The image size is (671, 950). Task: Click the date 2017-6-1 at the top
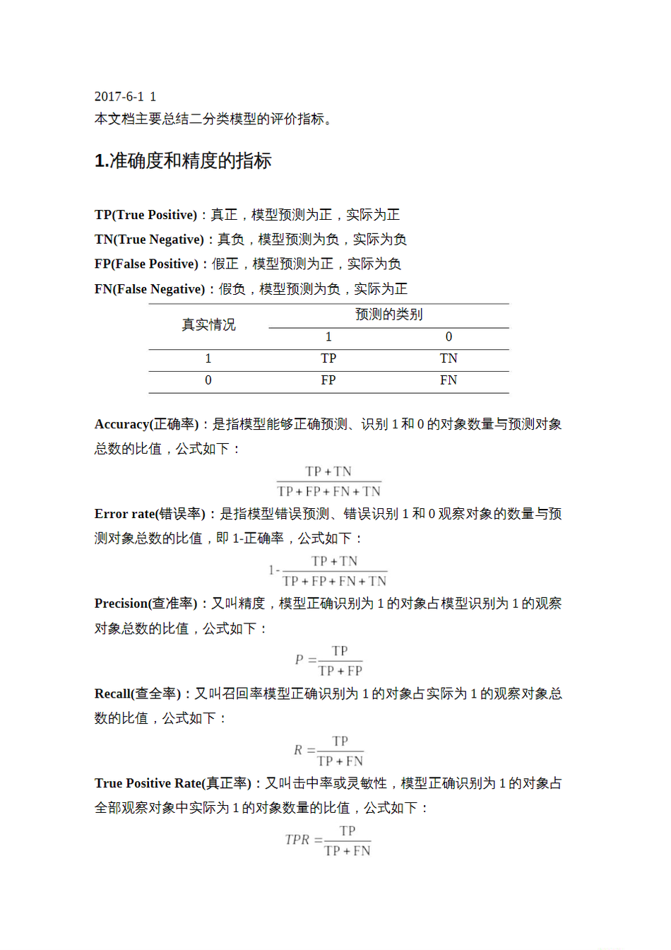[x=119, y=97]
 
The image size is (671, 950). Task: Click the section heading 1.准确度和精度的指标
[x=183, y=161]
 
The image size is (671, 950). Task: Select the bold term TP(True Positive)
[x=146, y=215]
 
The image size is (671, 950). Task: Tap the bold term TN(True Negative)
[x=149, y=240]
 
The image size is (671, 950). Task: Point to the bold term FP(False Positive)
[x=146, y=264]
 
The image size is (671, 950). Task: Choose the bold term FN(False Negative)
[x=150, y=289]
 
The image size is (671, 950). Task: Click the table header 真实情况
[x=208, y=325]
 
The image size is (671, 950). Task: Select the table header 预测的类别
[x=388, y=315]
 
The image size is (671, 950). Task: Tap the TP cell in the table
[x=328, y=359]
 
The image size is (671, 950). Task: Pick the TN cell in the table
[x=449, y=359]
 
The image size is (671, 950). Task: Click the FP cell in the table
[x=328, y=380]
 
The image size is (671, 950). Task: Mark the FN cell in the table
[x=449, y=380]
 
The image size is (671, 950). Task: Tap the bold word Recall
[x=112, y=693]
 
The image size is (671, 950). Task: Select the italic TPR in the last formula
[x=297, y=840]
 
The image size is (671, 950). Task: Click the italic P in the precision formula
[x=299, y=659]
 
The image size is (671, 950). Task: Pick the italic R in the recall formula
[x=298, y=750]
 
